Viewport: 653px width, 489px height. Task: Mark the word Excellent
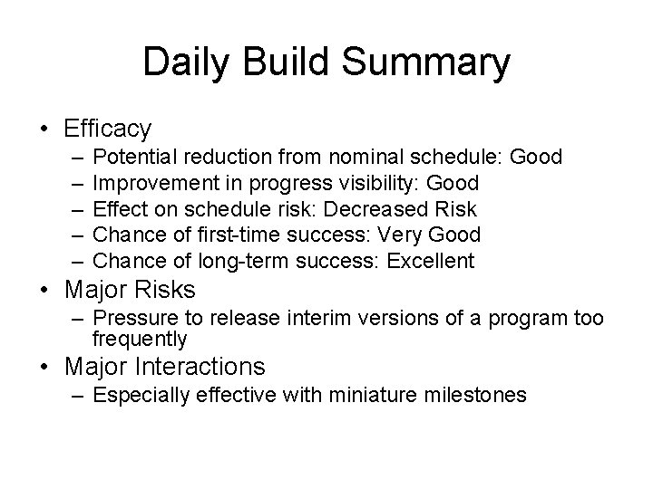[430, 263]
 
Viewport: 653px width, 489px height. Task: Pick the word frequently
[140, 340]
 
